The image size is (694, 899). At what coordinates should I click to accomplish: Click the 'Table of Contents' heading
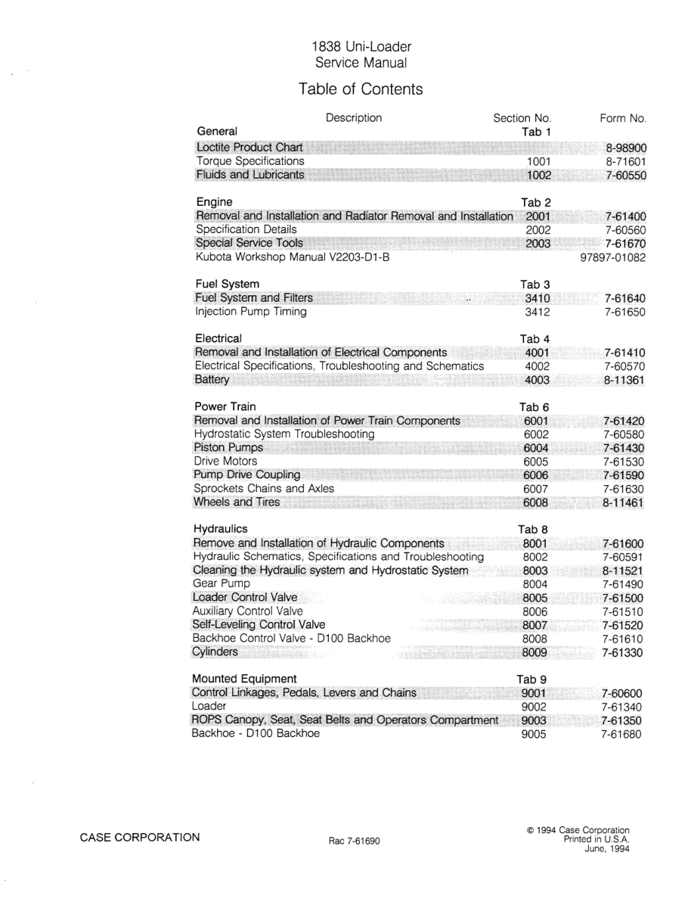tap(361, 89)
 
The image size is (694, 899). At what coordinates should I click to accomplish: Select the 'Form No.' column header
tap(623, 118)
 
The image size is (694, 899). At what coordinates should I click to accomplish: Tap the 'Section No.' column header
tap(522, 118)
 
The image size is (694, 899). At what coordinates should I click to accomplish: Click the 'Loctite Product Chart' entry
tap(249, 147)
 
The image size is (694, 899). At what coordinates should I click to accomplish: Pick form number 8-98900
tap(627, 148)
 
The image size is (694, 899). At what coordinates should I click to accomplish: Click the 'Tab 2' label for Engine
tap(536, 202)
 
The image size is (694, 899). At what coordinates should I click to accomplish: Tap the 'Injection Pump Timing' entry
tap(251, 311)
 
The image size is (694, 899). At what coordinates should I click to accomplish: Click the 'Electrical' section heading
tap(218, 338)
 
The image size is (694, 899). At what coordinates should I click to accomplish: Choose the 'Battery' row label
tap(212, 379)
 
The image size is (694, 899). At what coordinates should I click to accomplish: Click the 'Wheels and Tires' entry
tap(237, 502)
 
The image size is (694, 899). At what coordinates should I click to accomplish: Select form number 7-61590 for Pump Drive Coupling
tap(623, 475)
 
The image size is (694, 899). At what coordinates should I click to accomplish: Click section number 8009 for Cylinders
tap(534, 652)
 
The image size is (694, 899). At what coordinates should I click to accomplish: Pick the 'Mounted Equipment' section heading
tap(244, 678)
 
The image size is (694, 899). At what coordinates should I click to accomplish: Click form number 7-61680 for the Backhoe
tap(622, 734)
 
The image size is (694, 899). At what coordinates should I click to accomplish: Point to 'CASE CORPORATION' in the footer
tap(140, 837)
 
